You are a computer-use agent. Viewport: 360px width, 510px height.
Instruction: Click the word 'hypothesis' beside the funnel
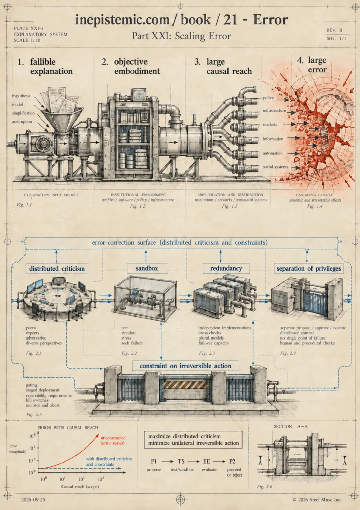[21, 96]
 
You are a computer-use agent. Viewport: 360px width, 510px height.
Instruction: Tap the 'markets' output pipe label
[270, 125]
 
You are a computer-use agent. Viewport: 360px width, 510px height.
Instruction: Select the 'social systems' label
[276, 167]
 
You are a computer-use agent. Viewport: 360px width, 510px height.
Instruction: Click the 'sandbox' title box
[148, 268]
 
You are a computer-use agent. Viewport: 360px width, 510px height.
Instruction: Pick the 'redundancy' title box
[226, 268]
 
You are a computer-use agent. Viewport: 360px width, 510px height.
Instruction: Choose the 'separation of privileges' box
[309, 268]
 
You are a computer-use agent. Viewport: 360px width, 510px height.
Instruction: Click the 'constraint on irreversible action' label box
[185, 366]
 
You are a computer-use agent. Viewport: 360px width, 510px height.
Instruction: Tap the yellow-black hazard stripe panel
[185, 384]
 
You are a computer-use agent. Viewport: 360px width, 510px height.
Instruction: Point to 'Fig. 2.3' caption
[207, 353]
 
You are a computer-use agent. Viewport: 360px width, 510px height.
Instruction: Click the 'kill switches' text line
[37, 400]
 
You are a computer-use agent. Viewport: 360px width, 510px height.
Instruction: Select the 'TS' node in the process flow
[181, 461]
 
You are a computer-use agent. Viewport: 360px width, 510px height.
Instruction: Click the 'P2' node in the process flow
[232, 461]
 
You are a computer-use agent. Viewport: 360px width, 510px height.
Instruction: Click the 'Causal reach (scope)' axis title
[80, 486]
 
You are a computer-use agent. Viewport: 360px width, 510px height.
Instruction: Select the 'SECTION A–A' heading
[291, 426]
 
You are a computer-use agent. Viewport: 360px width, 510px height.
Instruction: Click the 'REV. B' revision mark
[334, 30]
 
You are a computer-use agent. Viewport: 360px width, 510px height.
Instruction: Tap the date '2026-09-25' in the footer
[33, 500]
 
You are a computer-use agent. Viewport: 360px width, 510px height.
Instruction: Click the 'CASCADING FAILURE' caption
[314, 195]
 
